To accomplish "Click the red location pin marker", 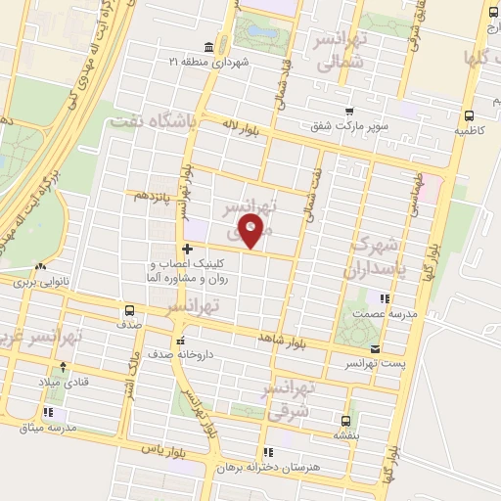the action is pyautogui.click(x=252, y=233).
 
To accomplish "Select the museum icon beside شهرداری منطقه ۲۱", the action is pyautogui.click(x=208, y=48).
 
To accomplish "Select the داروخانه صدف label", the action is pyautogui.click(x=207, y=355).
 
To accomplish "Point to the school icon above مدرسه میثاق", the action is pyautogui.click(x=47, y=413).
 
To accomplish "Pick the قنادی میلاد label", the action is pyautogui.click(x=63, y=382).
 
